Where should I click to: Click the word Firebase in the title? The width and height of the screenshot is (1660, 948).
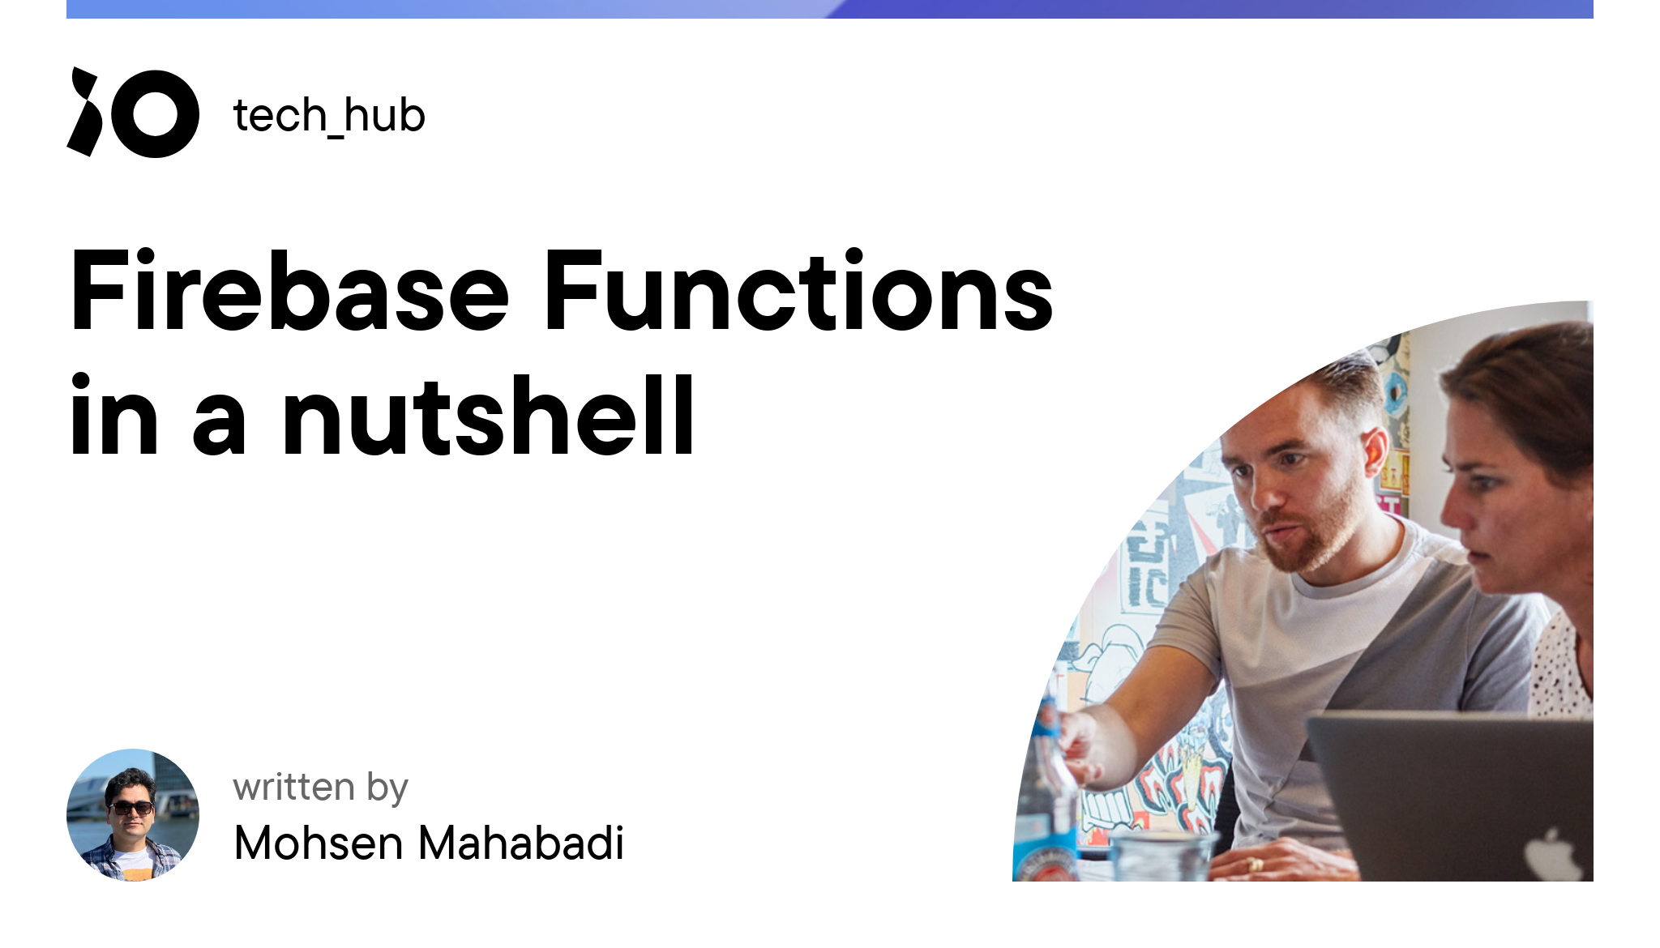tap(289, 292)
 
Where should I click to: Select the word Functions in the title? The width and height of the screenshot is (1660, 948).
tap(798, 292)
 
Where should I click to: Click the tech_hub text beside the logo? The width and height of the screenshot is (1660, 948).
tap(329, 115)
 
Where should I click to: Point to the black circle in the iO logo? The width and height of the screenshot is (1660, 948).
tap(155, 113)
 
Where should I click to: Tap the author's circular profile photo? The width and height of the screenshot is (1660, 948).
tap(133, 814)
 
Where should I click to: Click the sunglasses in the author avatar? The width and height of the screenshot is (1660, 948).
tap(130, 807)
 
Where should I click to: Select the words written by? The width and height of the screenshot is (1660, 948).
tap(320, 788)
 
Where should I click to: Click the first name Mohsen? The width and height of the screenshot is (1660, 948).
tap(319, 843)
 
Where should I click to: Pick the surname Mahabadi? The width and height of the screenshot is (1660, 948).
tap(521, 843)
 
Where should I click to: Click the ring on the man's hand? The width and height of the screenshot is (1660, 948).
tap(1255, 864)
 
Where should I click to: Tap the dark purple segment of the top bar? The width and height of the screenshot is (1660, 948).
tap(1216, 9)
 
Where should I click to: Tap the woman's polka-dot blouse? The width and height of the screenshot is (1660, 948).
tap(1560, 673)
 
